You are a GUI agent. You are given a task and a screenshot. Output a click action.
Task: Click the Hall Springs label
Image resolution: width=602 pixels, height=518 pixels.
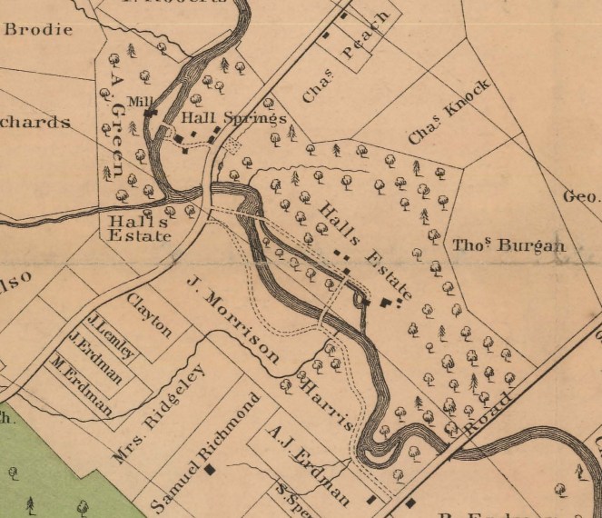pos(233,119)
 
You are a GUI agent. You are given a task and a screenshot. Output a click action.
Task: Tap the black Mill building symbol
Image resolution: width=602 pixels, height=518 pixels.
pos(150,113)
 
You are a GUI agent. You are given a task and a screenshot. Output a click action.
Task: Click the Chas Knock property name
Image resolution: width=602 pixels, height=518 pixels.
pos(449,112)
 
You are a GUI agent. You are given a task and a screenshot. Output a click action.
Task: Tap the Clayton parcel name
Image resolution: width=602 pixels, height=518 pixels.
pos(149,314)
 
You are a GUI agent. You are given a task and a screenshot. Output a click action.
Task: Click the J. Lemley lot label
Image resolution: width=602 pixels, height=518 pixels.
pos(112,335)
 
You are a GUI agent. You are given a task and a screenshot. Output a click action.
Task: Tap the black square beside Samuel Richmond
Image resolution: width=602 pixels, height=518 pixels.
pos(211,470)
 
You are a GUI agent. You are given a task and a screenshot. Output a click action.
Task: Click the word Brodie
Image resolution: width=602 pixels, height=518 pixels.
pos(38,28)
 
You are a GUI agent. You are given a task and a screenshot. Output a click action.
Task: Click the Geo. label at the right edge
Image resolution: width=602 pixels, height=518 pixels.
pos(581,196)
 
